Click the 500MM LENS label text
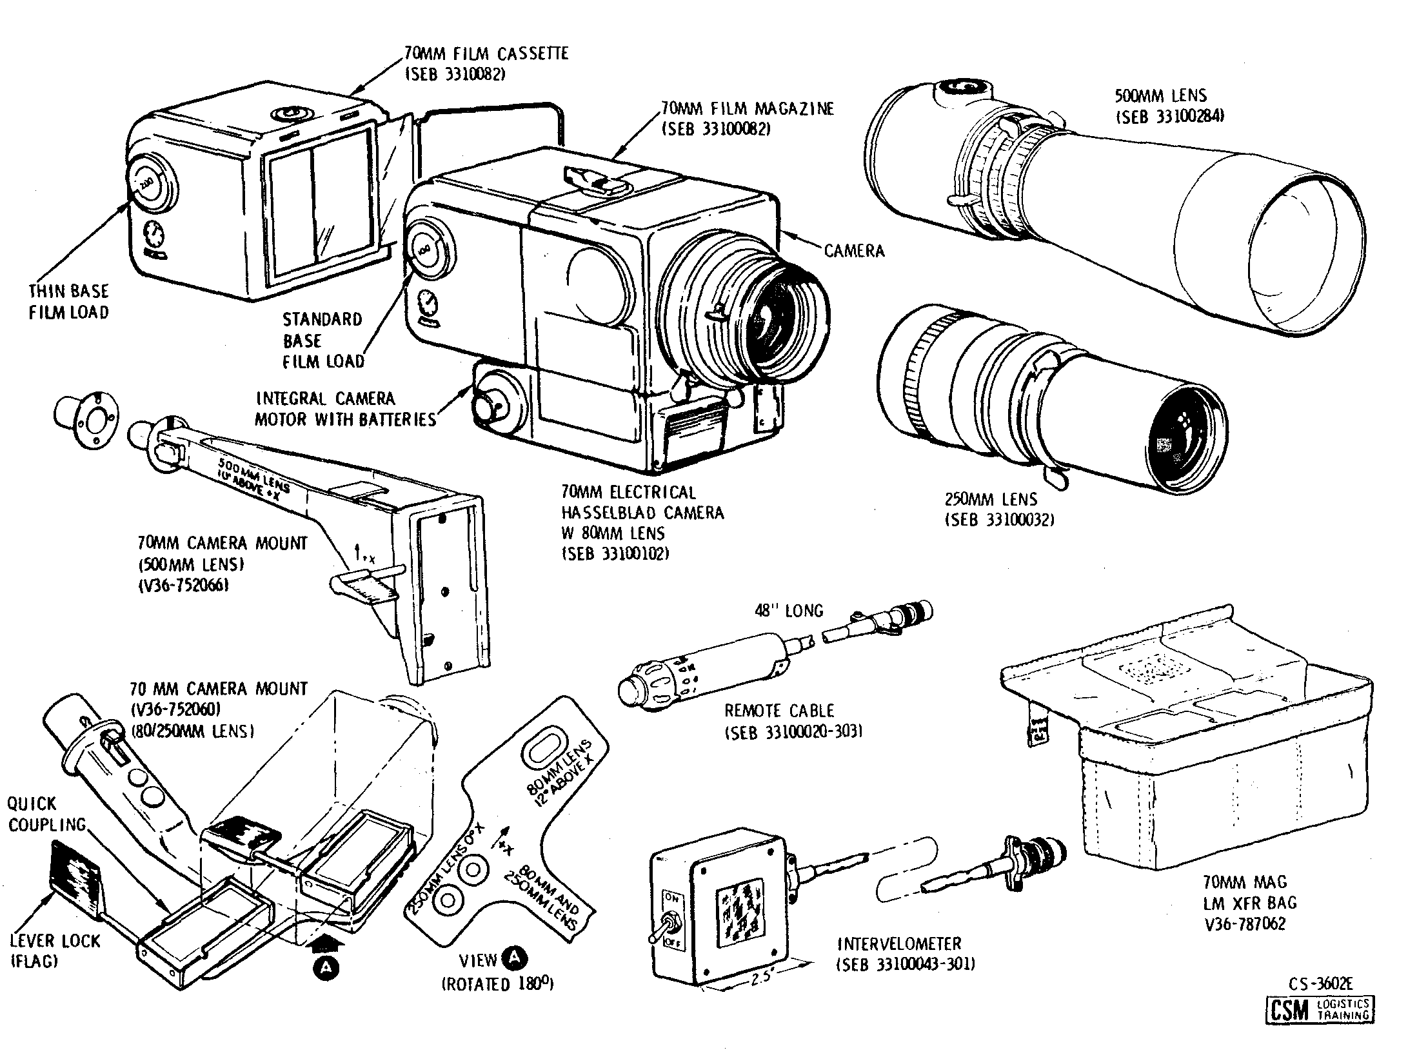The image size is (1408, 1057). [x=1160, y=96]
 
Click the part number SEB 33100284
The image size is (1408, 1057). [x=1169, y=117]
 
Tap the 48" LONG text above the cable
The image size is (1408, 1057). [x=789, y=610]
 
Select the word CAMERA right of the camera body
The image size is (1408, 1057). [x=854, y=251]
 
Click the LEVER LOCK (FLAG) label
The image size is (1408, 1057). [x=55, y=951]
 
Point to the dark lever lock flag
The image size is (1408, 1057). [x=76, y=880]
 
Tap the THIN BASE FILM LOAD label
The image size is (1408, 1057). [x=68, y=302]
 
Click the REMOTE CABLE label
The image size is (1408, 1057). [x=779, y=711]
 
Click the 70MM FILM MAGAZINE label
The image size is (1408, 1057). [x=747, y=108]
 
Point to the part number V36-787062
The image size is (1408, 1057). [x=1244, y=924]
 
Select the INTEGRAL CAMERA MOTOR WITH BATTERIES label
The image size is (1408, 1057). [x=345, y=409]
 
